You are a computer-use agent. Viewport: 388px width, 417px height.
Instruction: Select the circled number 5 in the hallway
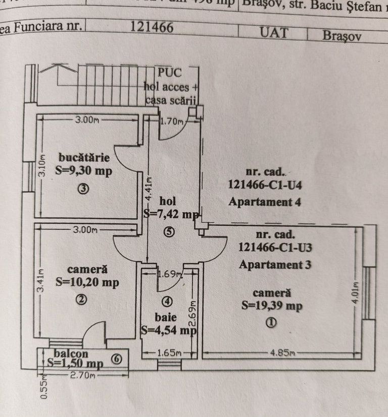point(169,232)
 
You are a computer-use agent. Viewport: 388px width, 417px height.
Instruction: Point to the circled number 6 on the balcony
point(116,359)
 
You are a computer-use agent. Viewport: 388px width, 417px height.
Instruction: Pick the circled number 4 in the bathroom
point(168,302)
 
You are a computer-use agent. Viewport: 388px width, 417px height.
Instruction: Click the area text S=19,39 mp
point(272,306)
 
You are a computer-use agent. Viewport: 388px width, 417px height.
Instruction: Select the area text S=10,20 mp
point(87,282)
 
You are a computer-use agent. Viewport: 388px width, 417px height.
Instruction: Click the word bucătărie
point(84,157)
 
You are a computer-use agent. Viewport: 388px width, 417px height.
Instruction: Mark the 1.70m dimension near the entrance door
point(170,121)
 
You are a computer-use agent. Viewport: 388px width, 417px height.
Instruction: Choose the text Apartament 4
point(265,203)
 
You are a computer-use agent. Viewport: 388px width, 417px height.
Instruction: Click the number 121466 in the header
point(152,27)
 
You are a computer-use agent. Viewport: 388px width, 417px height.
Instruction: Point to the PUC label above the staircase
point(170,72)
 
